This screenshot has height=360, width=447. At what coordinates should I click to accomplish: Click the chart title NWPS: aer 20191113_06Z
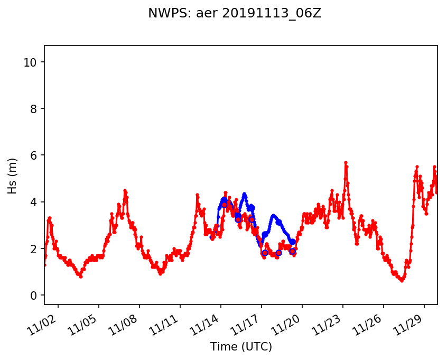tap(235, 14)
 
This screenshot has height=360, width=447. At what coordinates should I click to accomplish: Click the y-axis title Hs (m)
tap(13, 176)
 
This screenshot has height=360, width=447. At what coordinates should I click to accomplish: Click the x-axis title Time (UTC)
tap(241, 347)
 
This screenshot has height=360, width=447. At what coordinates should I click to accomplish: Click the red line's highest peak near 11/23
tap(346, 162)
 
